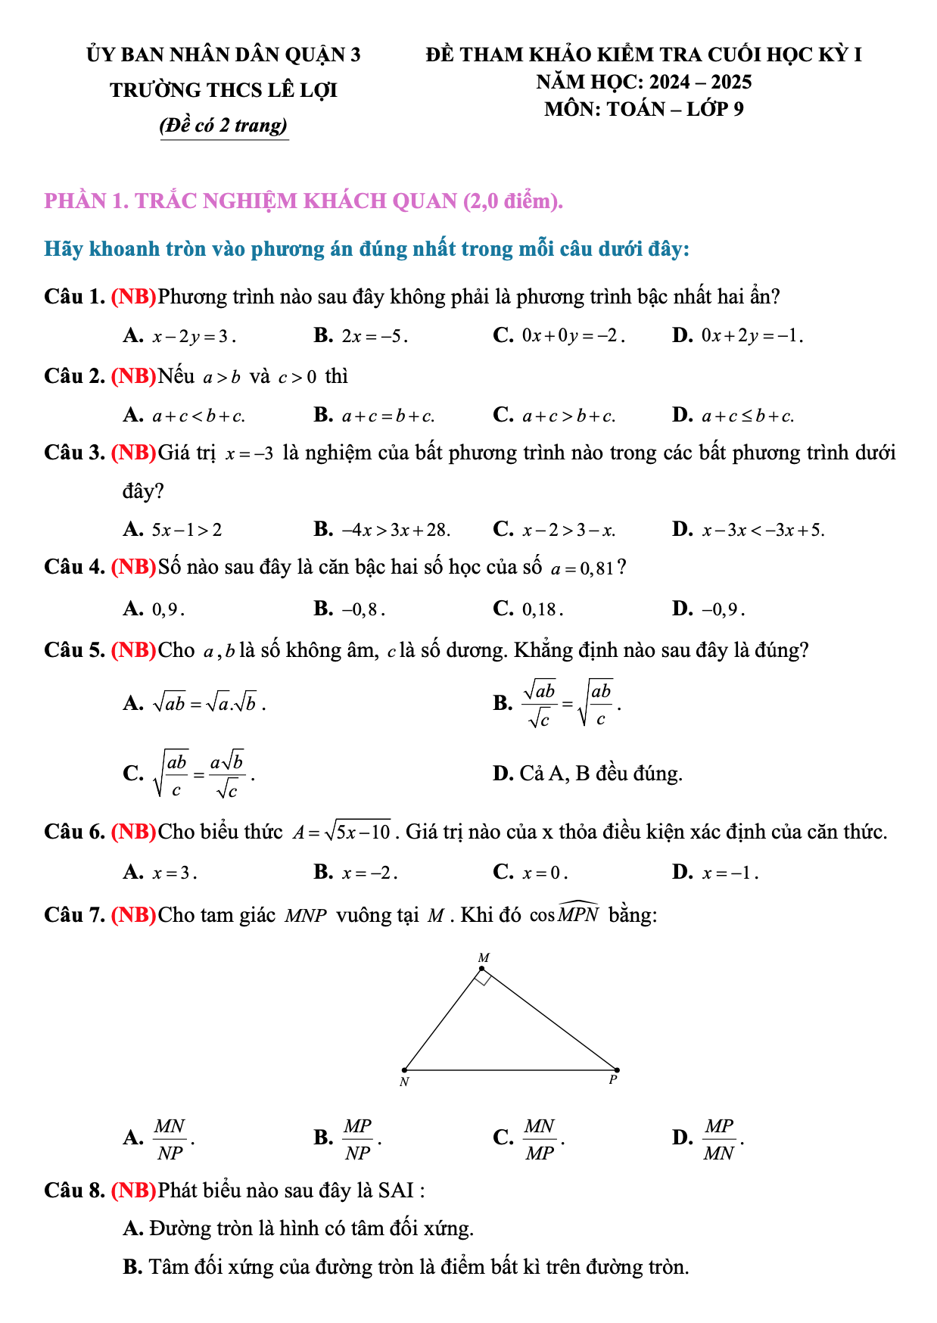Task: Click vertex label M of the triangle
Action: pyautogui.click(x=484, y=957)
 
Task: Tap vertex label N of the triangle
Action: pyautogui.click(x=404, y=1082)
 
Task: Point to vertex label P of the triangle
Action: pyautogui.click(x=613, y=1080)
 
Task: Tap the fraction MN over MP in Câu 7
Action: pyautogui.click(x=540, y=1139)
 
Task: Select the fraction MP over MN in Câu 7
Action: pyautogui.click(x=719, y=1139)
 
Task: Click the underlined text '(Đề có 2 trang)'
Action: pyautogui.click(x=224, y=125)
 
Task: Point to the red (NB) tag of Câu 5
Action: pyautogui.click(x=134, y=650)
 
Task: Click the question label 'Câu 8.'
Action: pyautogui.click(x=74, y=1191)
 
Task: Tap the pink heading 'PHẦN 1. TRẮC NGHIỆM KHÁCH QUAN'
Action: pyautogui.click(x=304, y=201)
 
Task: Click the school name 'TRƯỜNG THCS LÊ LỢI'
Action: pyautogui.click(x=223, y=90)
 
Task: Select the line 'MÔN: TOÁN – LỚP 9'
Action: pyautogui.click(x=643, y=109)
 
